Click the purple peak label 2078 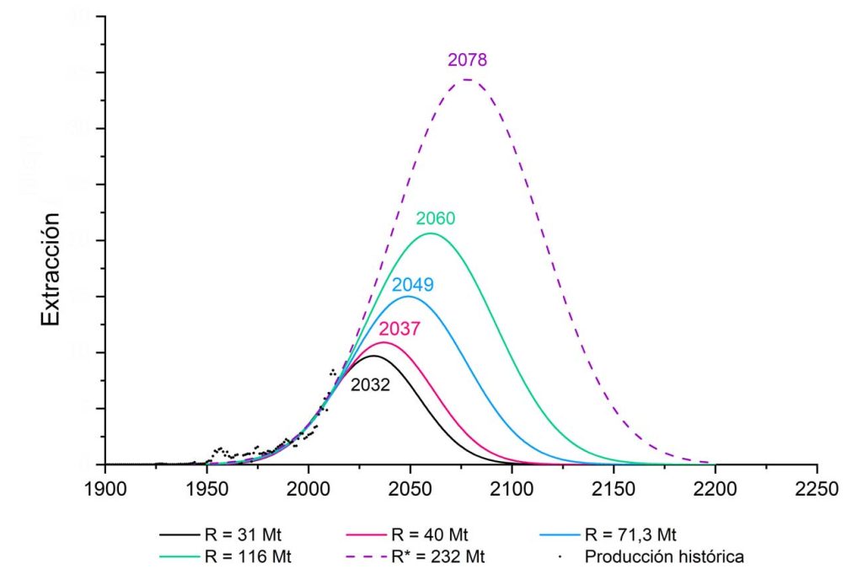(468, 60)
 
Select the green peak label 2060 (435, 218)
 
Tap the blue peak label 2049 (412, 284)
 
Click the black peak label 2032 (370, 384)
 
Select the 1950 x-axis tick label (207, 488)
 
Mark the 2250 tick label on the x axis (817, 488)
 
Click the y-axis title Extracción (51, 269)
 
